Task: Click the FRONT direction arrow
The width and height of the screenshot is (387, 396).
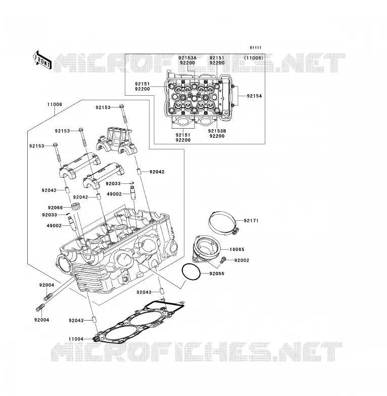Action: tap(42, 60)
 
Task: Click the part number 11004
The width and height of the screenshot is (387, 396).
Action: tap(76, 339)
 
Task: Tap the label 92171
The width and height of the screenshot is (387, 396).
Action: tap(251, 220)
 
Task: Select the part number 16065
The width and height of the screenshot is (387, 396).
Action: tap(237, 249)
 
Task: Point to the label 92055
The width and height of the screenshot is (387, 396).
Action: tap(217, 273)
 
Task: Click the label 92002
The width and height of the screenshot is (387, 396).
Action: tap(241, 260)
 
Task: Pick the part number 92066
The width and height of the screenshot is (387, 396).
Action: tap(55, 208)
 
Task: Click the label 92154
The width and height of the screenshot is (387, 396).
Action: tap(254, 96)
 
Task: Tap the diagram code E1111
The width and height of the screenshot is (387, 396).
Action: tap(256, 48)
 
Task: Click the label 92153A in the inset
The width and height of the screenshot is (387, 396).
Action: tap(187, 58)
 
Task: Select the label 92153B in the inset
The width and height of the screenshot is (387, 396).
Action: tap(217, 131)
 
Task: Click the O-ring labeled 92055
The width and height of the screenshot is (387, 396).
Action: tap(191, 272)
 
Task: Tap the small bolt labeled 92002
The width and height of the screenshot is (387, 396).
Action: tap(223, 260)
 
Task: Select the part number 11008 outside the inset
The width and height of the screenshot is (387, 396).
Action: tap(55, 104)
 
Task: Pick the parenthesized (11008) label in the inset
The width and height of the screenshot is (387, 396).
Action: tap(254, 58)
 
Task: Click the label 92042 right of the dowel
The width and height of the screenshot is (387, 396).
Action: tap(157, 172)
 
